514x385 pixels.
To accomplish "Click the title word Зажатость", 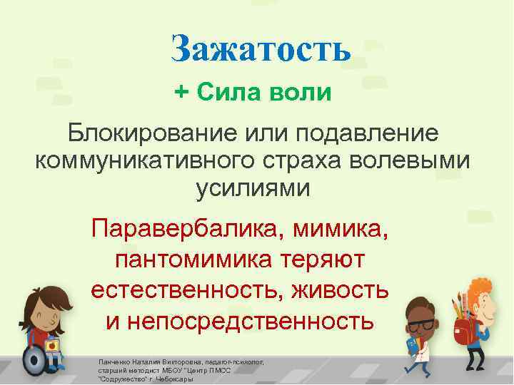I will [x=261, y=48].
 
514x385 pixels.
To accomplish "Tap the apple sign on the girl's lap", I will [x=51, y=346].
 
